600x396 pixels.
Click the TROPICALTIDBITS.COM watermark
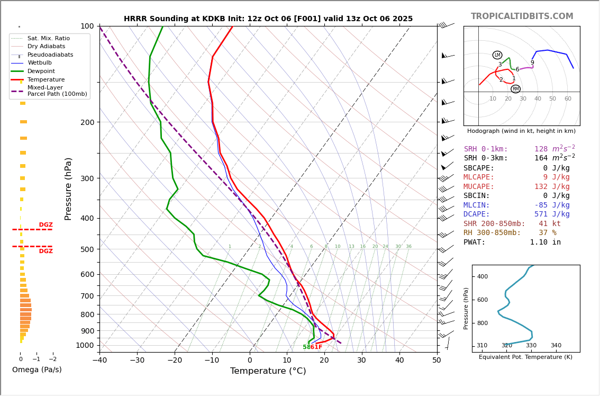(x=522, y=16)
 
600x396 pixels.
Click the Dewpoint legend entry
(x=41, y=71)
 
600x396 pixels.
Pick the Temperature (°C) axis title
(x=268, y=371)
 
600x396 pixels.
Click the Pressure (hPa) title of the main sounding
(x=68, y=188)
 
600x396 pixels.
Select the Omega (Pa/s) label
(x=37, y=370)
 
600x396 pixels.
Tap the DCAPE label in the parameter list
(x=479, y=214)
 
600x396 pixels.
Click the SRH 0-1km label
(x=486, y=149)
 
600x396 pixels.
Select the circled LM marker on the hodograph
(x=497, y=55)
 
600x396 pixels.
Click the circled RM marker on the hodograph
(x=515, y=89)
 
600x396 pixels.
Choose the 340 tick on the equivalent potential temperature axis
(x=556, y=346)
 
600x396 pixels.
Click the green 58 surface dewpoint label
(x=306, y=347)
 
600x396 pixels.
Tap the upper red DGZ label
(x=46, y=225)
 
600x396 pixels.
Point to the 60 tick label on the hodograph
(x=568, y=99)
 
